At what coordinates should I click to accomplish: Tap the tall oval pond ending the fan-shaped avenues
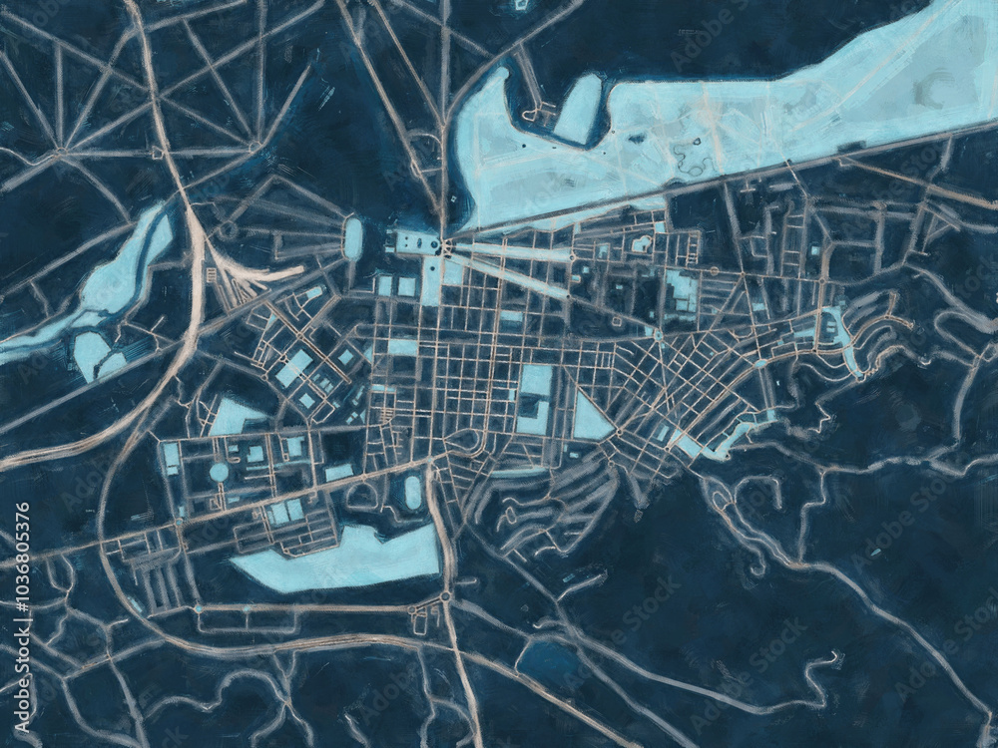pos(353,239)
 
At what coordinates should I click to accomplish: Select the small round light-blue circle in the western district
pos(219,472)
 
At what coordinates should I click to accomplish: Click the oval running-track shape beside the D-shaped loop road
pos(413,490)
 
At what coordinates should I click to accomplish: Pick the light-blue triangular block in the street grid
pos(591,419)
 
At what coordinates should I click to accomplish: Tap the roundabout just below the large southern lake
pos(445,596)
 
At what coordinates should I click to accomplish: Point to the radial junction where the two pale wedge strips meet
pos(445,245)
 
